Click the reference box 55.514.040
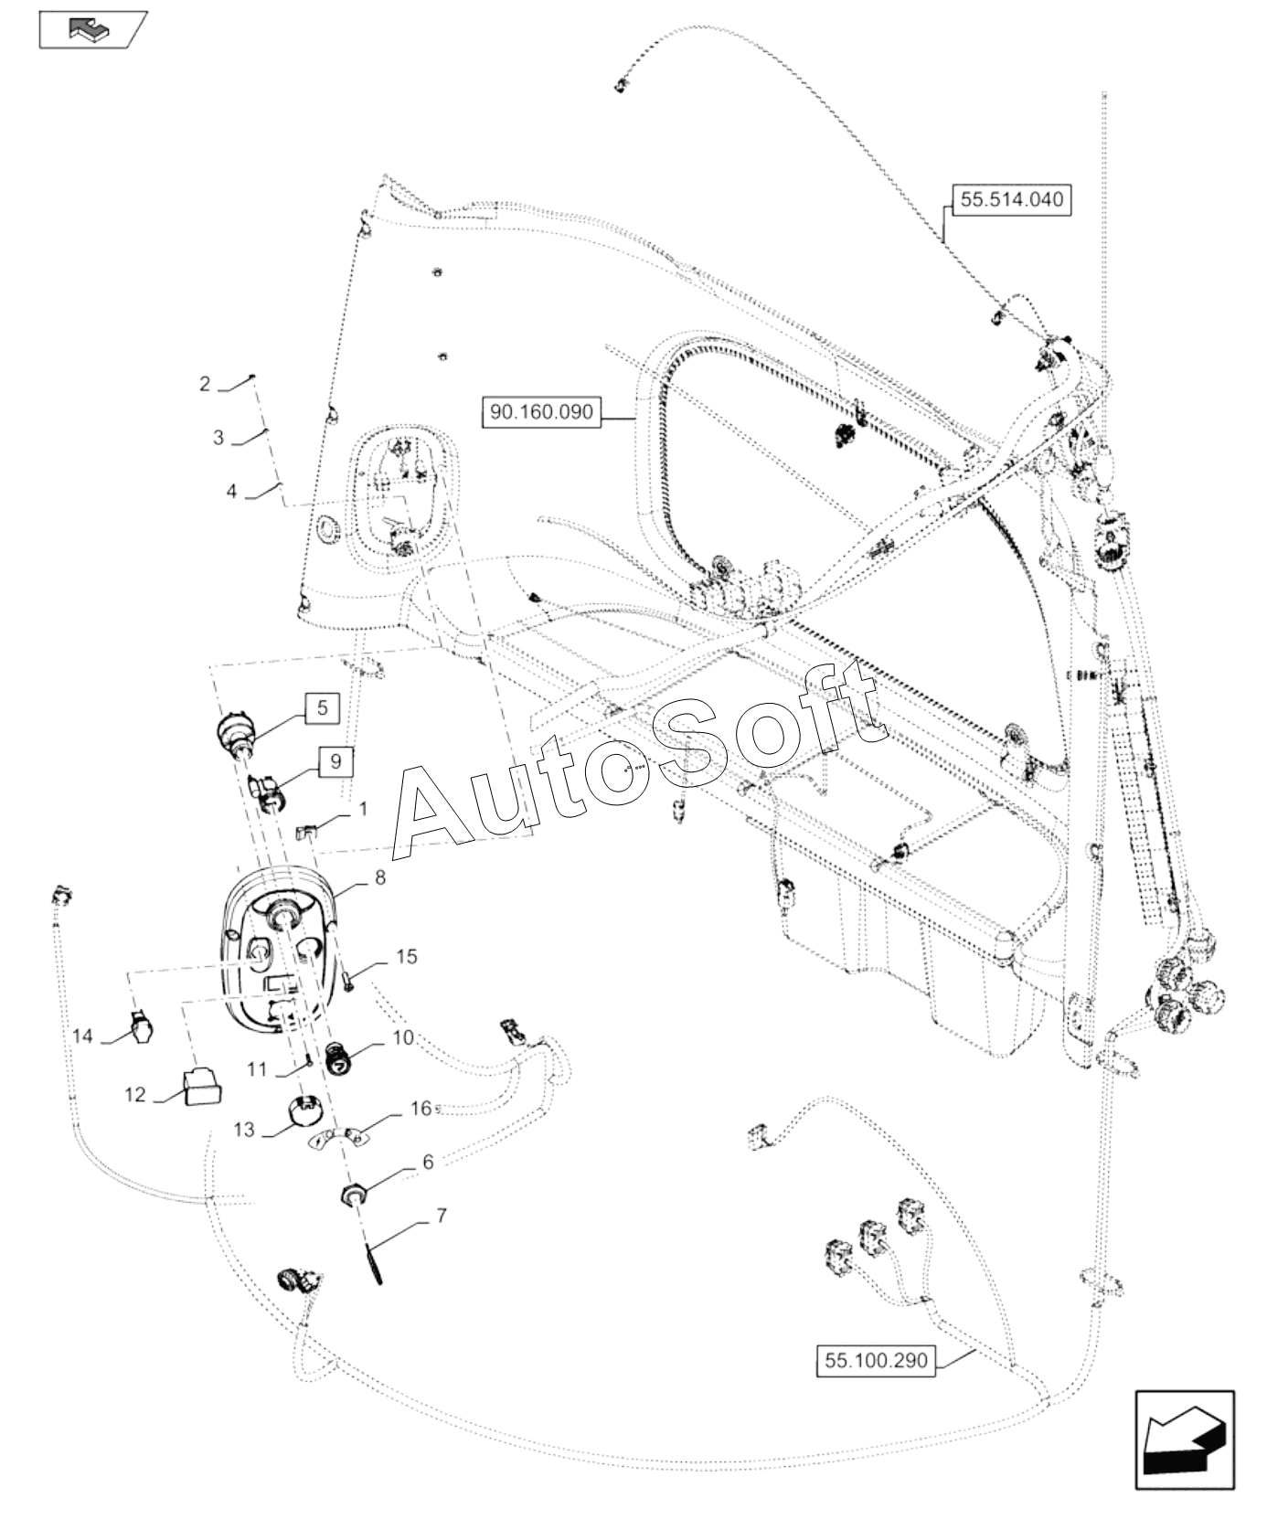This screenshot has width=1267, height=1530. point(1011,199)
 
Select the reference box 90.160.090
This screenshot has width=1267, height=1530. point(555,412)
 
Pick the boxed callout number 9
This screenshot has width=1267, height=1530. point(335,760)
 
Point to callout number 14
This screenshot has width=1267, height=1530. point(83,1036)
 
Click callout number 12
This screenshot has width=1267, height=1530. point(135,1094)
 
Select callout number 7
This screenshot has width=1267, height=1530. point(442,1217)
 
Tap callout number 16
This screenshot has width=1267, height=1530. point(421,1109)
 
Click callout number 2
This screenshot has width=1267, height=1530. point(205,384)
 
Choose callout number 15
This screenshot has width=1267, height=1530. point(407,957)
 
